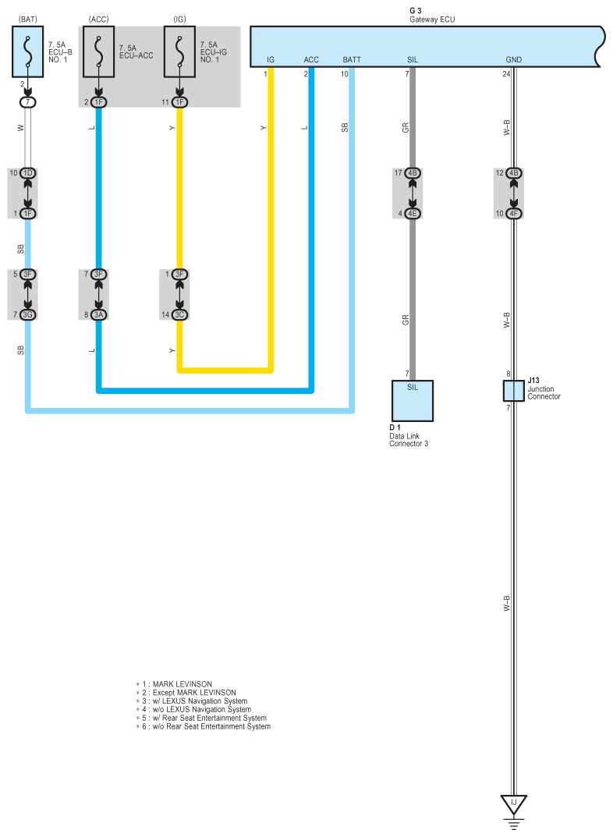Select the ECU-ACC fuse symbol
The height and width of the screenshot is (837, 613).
click(x=99, y=51)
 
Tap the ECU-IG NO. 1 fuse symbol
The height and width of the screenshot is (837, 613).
click(x=179, y=51)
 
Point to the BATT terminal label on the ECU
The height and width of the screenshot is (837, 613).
click(x=352, y=59)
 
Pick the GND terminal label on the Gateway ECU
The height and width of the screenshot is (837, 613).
click(x=514, y=59)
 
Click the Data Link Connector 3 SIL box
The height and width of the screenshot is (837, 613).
click(x=413, y=400)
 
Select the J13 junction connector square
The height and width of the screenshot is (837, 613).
click(x=513, y=391)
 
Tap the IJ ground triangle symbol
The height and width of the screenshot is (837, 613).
click(x=513, y=803)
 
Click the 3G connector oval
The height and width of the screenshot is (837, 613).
click(x=28, y=314)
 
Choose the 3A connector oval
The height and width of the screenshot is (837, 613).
click(x=99, y=314)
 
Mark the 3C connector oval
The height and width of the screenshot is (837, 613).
click(x=179, y=314)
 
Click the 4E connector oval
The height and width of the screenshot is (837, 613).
click(x=413, y=213)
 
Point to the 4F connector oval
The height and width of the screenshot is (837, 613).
click(x=513, y=213)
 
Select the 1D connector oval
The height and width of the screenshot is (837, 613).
click(x=28, y=172)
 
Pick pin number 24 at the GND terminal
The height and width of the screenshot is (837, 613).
click(x=506, y=75)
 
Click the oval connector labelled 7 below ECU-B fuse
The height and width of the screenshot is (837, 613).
click(x=28, y=102)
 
